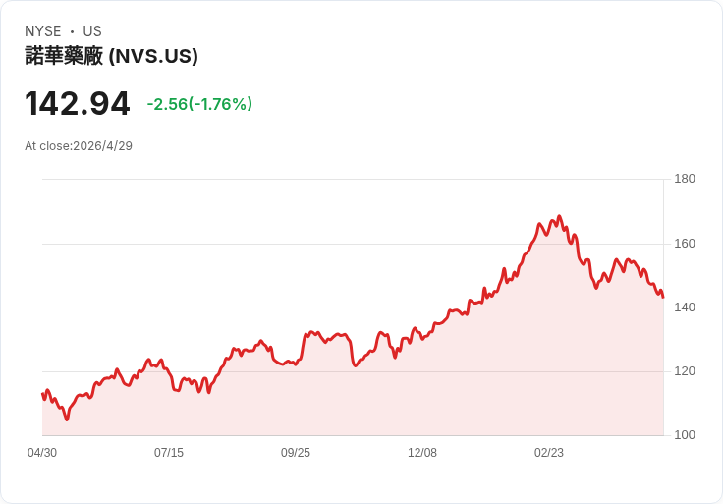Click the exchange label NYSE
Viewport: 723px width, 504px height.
pos(43,31)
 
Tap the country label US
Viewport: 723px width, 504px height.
pos(92,31)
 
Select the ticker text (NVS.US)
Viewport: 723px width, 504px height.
pos(153,56)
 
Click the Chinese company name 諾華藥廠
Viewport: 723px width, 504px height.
pos(64,56)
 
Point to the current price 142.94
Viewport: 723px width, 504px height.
pos(78,103)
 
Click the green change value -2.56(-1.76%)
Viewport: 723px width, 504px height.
pos(199,104)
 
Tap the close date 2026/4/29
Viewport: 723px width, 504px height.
pos(103,146)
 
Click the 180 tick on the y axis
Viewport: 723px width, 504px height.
pos(685,179)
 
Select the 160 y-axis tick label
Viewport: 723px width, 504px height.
pos(685,244)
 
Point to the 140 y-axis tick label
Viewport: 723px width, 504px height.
pos(685,308)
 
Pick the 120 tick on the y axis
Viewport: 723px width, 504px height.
pos(685,371)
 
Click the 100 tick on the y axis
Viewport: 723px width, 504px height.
pos(685,435)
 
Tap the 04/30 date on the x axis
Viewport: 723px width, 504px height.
pos(42,453)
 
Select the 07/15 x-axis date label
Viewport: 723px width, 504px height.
pos(169,453)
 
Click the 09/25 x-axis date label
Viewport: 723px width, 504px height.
pos(296,453)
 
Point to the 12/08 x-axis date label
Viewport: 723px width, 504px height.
pos(422,453)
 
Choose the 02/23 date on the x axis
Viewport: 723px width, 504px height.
pos(549,453)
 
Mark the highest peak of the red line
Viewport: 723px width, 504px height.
pos(560,216)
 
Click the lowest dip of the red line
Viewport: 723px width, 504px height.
pos(67,420)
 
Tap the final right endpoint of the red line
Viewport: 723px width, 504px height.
pos(663,298)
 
